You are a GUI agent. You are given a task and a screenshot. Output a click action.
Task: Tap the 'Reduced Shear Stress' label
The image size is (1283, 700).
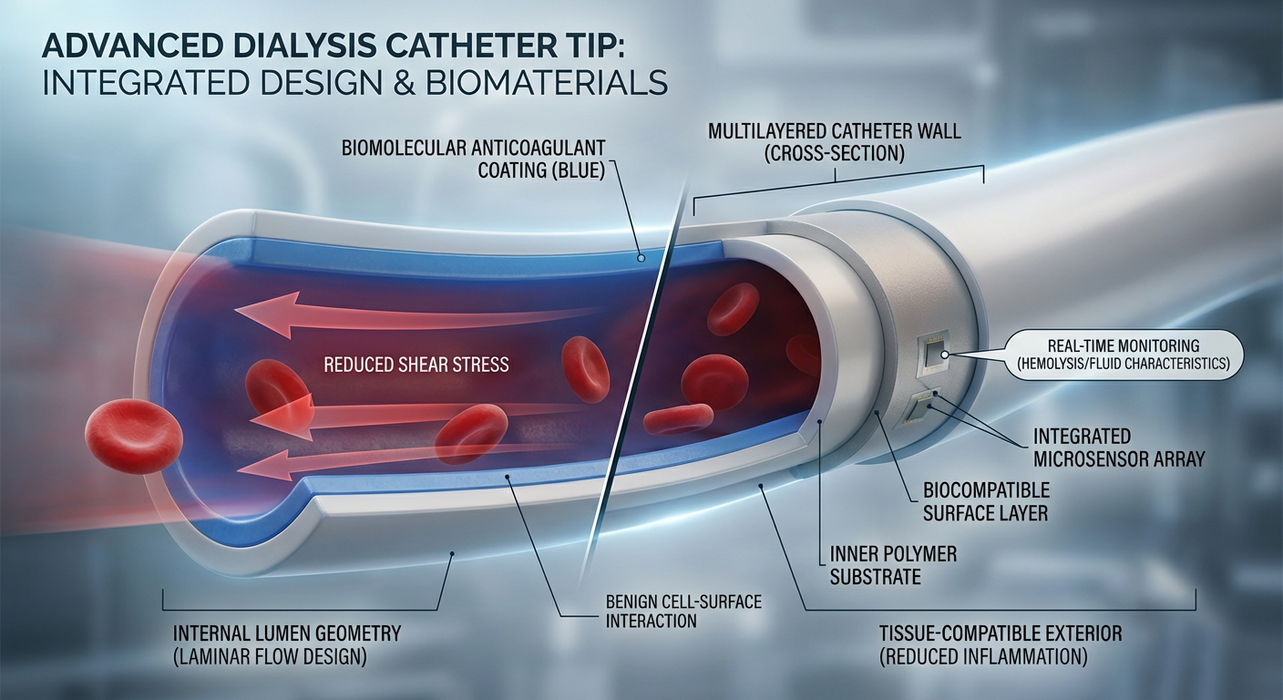[416, 365]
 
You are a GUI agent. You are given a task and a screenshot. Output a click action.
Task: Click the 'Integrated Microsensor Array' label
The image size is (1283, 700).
[1118, 448]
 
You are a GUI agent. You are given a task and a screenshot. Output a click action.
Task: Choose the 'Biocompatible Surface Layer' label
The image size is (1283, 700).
[986, 501]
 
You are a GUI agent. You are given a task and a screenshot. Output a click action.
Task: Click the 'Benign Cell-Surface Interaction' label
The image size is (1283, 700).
[683, 612]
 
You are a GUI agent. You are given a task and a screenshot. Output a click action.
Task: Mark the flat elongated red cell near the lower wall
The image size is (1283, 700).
[678, 418]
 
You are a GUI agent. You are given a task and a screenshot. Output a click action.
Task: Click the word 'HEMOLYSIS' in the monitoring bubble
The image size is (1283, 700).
[1065, 365]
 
